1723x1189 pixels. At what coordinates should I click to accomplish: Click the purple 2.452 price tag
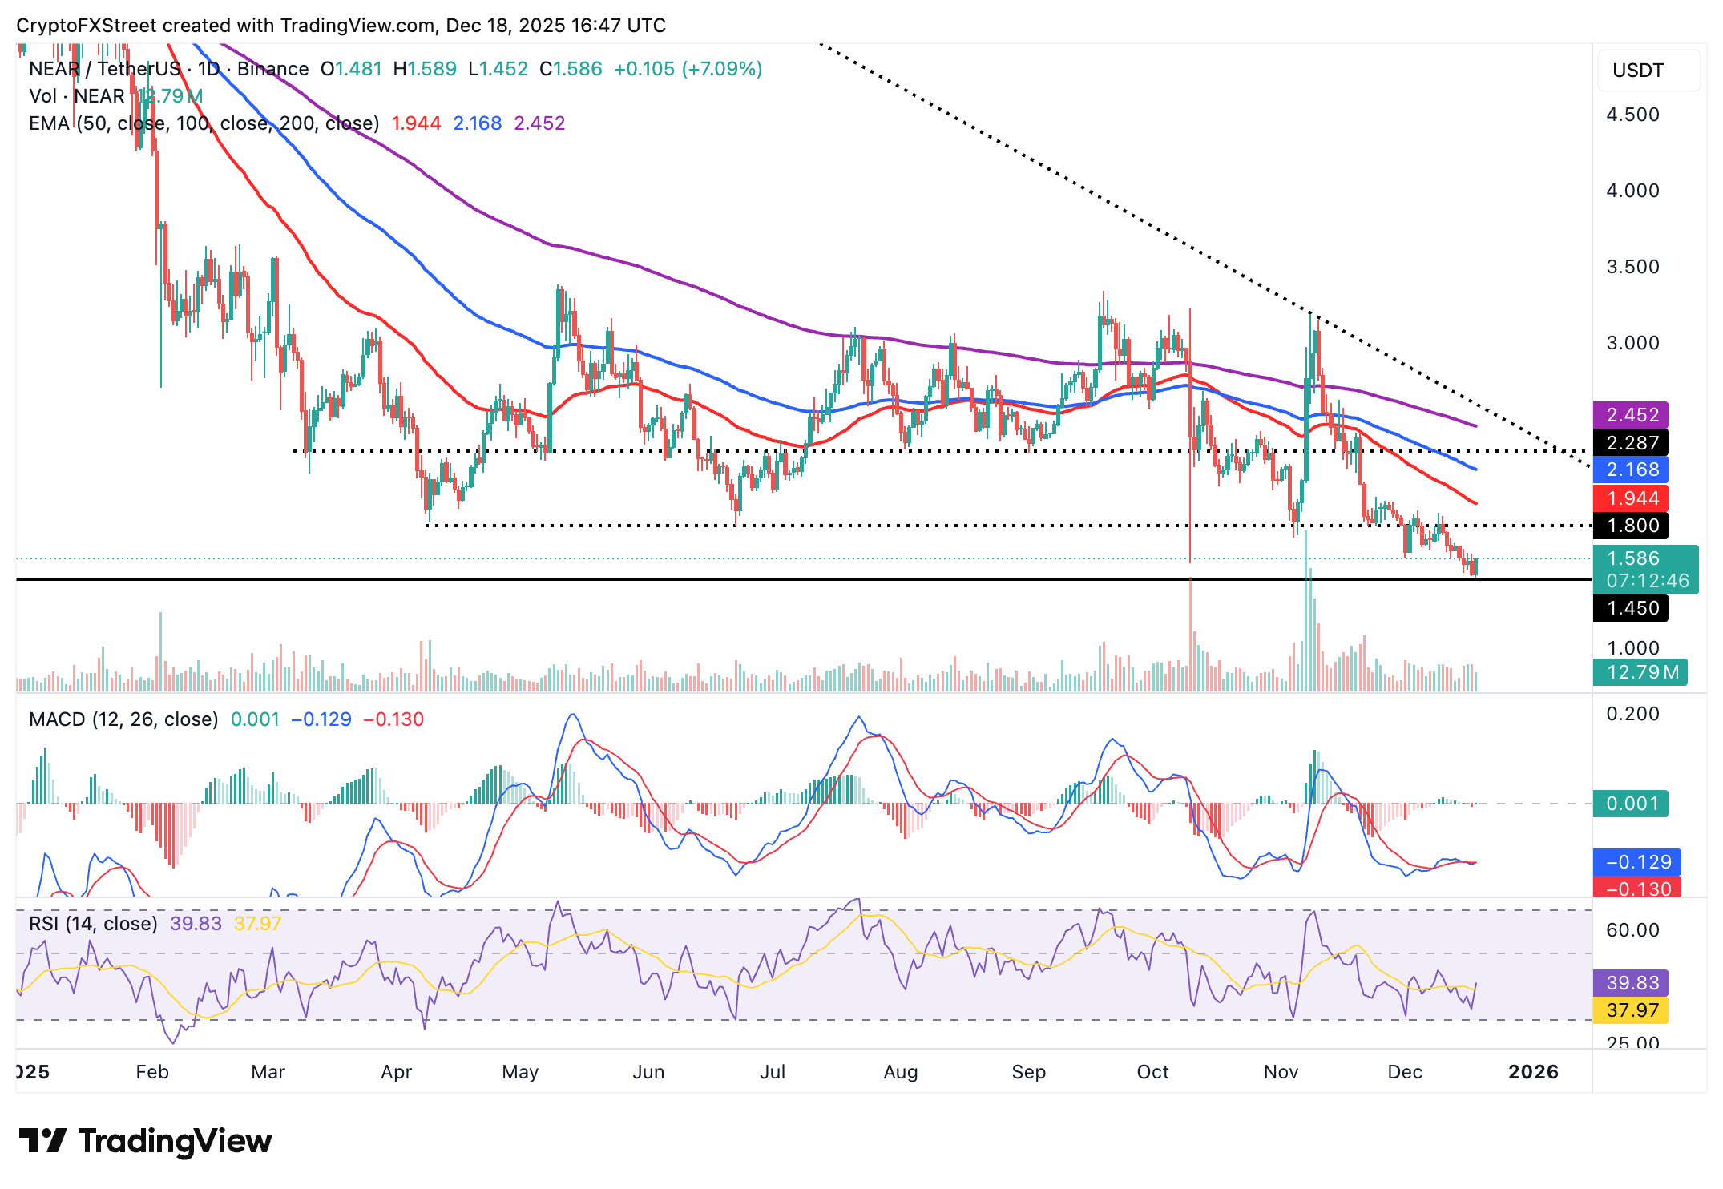pyautogui.click(x=1631, y=415)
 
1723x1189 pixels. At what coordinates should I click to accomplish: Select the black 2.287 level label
pyautogui.click(x=1631, y=442)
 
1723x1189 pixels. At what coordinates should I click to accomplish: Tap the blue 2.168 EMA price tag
pyautogui.click(x=1631, y=470)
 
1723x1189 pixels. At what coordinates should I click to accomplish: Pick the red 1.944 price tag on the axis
pyautogui.click(x=1631, y=498)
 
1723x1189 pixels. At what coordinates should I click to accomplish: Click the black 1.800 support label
pyautogui.click(x=1631, y=526)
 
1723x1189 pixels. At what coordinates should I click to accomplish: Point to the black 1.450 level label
pyautogui.click(x=1631, y=608)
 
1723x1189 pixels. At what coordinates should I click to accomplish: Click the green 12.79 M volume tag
pyautogui.click(x=1640, y=672)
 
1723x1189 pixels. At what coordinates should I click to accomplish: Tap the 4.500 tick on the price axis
pyautogui.click(x=1632, y=115)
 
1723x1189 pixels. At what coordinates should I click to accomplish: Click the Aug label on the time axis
pyautogui.click(x=900, y=1072)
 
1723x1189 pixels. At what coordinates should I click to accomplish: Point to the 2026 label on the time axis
pyautogui.click(x=1532, y=1072)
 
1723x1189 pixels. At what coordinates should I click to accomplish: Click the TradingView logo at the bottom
pyautogui.click(x=145, y=1141)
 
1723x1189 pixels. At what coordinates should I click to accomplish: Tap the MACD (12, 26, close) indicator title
pyautogui.click(x=123, y=719)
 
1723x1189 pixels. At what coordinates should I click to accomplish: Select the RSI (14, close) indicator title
pyautogui.click(x=93, y=924)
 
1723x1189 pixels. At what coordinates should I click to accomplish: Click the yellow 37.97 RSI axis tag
pyautogui.click(x=1631, y=1010)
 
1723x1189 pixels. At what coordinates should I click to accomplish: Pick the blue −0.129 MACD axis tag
pyautogui.click(x=1637, y=862)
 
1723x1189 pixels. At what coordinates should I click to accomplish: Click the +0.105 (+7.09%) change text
pyautogui.click(x=688, y=69)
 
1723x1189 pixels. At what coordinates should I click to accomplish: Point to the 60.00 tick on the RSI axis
pyautogui.click(x=1632, y=930)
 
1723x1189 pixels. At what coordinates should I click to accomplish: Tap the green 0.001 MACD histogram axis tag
pyautogui.click(x=1631, y=804)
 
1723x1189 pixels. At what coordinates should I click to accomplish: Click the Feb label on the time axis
pyautogui.click(x=152, y=1072)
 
